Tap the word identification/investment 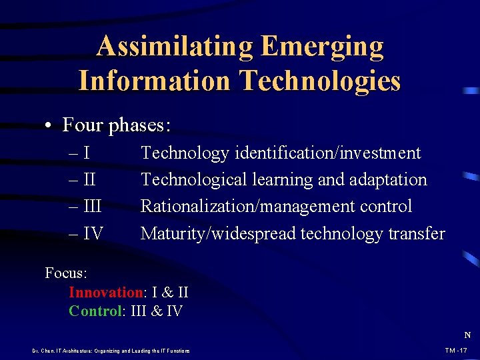click(327, 153)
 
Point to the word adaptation click(389, 180)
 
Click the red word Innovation click(105, 292)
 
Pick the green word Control click(95, 311)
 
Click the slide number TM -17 click(457, 351)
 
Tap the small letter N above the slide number click(467, 335)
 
